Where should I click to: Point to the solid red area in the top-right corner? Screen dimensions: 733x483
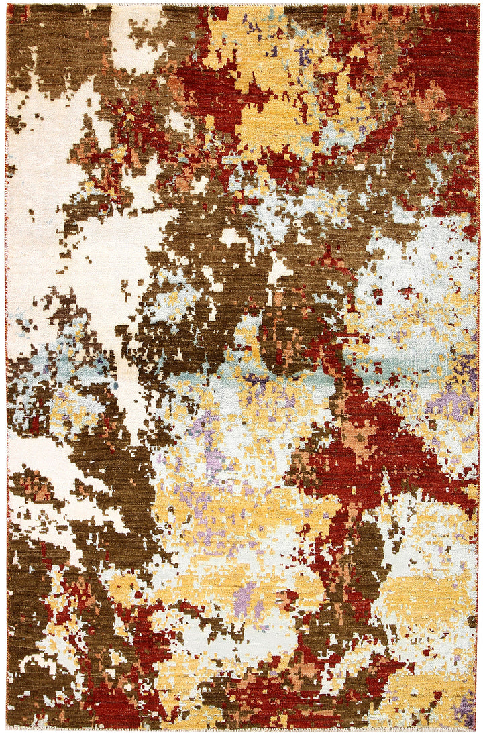(449, 40)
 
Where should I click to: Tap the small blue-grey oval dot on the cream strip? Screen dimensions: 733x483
(115, 386)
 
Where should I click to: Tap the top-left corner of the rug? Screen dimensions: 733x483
(7, 5)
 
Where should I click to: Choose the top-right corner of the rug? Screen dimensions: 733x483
(478, 5)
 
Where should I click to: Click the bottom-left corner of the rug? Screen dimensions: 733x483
(7, 728)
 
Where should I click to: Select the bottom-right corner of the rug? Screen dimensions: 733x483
(478, 728)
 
